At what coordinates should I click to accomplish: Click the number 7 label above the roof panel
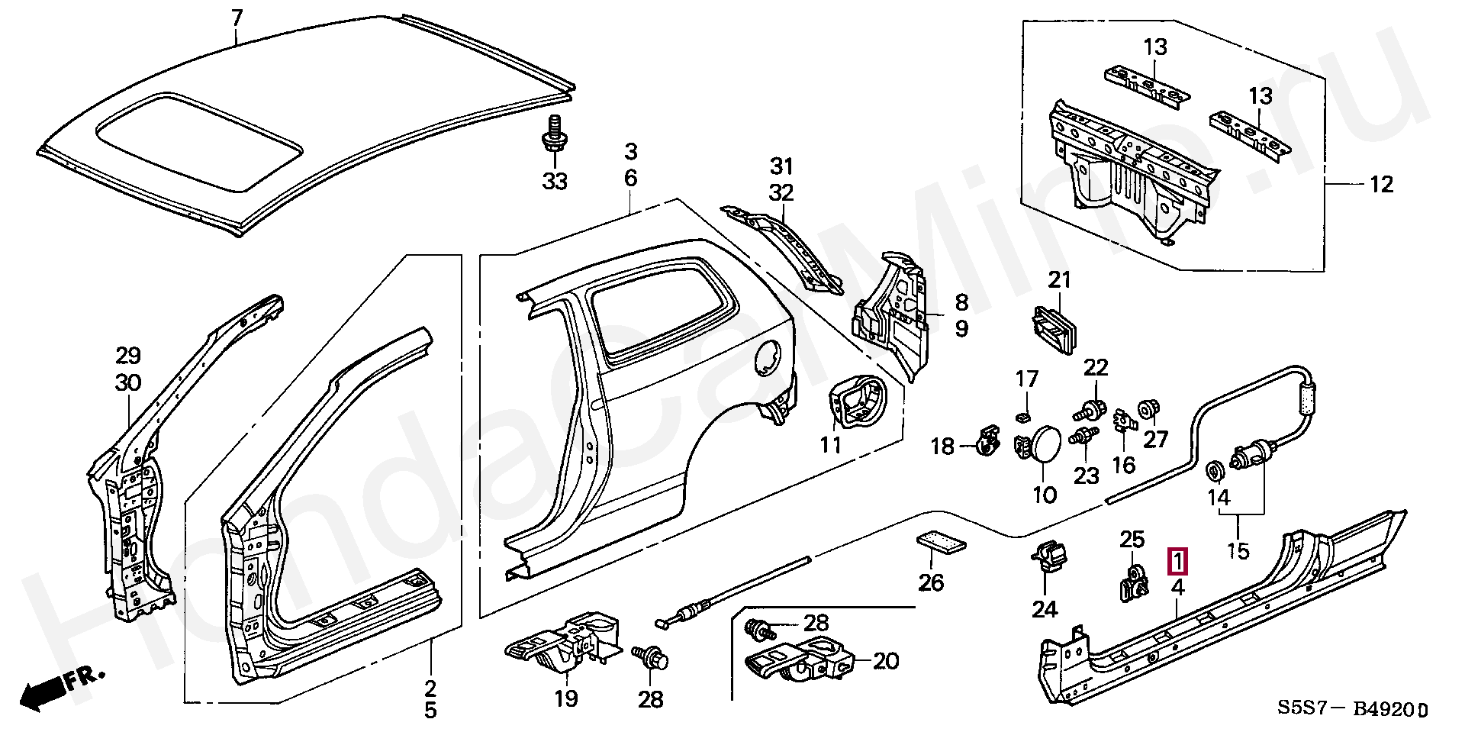(237, 16)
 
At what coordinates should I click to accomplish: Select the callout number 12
(1381, 184)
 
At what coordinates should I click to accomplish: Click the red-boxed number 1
(1179, 562)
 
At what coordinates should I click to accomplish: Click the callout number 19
(566, 698)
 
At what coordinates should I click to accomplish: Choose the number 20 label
(886, 660)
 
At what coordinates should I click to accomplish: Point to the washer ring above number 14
(1215, 471)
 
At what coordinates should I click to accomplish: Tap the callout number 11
(830, 444)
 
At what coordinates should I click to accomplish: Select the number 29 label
(128, 356)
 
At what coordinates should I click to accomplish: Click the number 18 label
(943, 446)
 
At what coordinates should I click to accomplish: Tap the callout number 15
(1238, 550)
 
